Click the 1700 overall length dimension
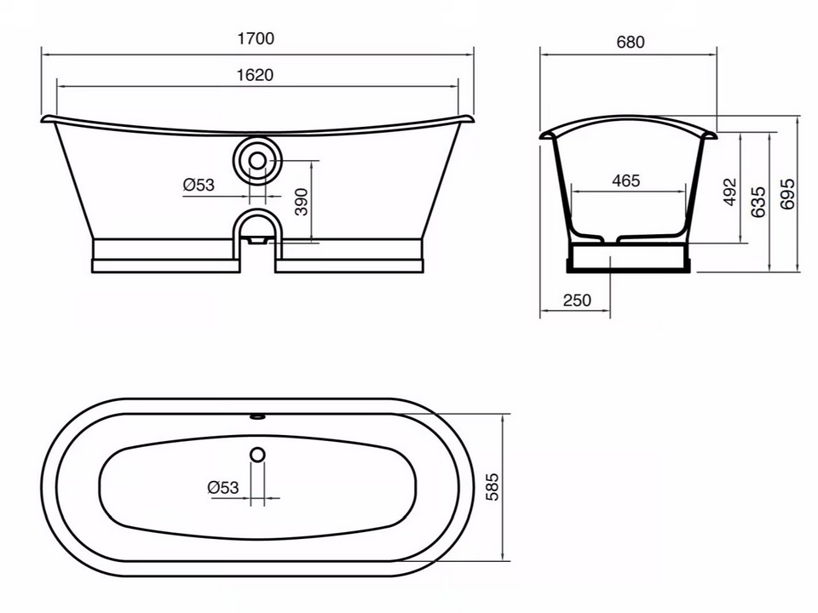click(256, 38)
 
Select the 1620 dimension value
click(255, 75)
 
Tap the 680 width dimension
click(631, 42)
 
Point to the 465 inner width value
click(625, 180)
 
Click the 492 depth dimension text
click(730, 192)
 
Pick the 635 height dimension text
click(758, 202)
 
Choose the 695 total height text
click(787, 194)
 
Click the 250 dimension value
click(578, 301)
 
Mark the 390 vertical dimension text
click(302, 202)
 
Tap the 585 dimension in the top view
click(492, 487)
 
